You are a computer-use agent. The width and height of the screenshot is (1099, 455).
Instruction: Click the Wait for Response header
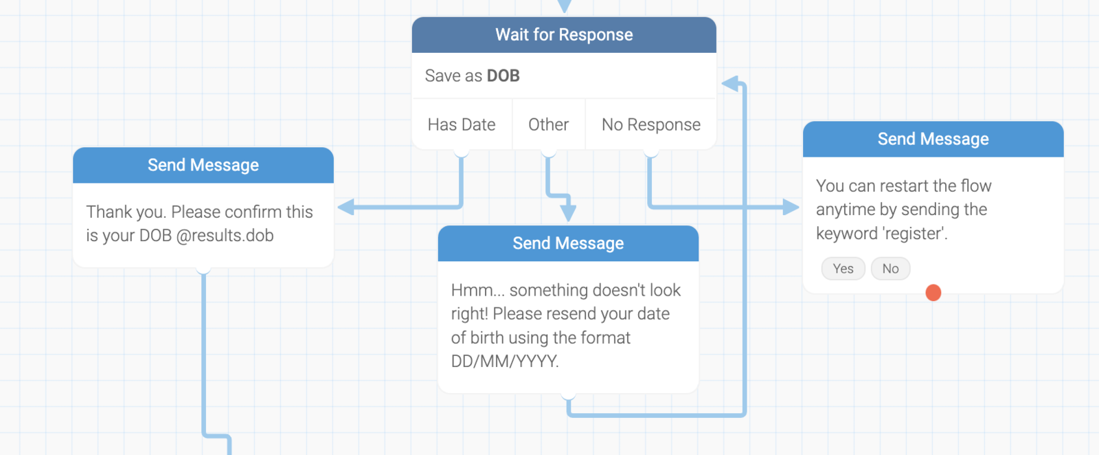click(x=564, y=35)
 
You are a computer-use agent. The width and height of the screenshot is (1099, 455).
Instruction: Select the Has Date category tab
click(x=462, y=124)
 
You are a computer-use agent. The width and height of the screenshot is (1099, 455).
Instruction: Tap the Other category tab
click(x=548, y=124)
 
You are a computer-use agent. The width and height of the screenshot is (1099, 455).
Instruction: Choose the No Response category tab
click(x=650, y=124)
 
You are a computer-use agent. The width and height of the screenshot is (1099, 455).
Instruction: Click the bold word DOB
click(x=503, y=76)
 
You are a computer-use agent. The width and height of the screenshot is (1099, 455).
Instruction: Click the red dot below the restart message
click(x=933, y=293)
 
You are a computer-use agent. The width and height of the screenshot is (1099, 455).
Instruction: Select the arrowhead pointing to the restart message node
click(x=791, y=207)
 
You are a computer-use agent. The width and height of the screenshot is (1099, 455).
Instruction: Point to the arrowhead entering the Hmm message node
click(x=568, y=213)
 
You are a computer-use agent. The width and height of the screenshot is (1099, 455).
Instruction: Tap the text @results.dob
click(x=225, y=236)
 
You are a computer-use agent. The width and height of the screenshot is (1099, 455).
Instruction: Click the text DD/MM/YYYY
click(x=505, y=362)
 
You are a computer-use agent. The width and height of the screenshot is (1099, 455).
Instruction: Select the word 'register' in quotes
click(x=913, y=234)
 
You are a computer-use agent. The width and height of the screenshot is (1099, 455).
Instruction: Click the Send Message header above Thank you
click(x=203, y=166)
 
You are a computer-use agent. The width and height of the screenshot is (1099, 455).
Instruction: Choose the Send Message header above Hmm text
click(x=568, y=243)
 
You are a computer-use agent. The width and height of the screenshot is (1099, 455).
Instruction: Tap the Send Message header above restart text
click(x=933, y=140)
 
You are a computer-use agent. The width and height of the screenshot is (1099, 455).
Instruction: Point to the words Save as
click(x=453, y=76)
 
